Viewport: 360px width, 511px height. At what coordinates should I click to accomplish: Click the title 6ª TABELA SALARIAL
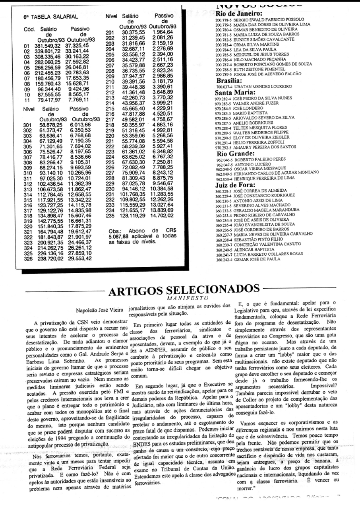coord(50,17)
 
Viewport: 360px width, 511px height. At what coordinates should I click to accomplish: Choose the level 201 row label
coord(110,32)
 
